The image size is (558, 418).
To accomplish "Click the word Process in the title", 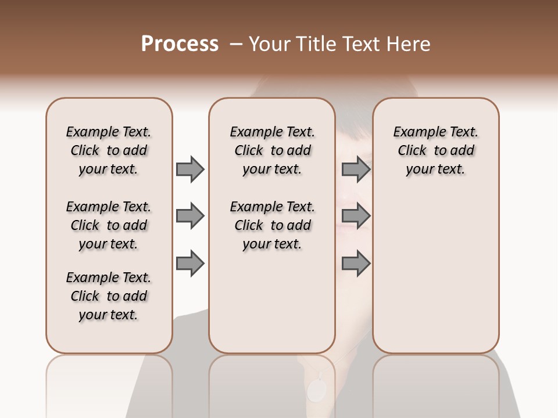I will click(180, 44).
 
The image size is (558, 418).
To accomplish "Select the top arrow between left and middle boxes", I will click(190, 169).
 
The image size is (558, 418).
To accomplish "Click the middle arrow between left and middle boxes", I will click(190, 217).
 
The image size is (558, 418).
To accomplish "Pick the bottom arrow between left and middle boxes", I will click(190, 264).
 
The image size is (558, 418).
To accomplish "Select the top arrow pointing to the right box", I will click(356, 169).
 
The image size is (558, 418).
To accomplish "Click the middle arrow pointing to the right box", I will click(356, 217).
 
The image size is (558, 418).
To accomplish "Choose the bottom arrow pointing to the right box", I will click(356, 264).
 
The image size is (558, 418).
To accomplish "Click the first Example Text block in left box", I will click(109, 150).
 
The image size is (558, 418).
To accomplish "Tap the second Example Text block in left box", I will click(109, 225).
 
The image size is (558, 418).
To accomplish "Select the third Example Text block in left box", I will click(109, 296).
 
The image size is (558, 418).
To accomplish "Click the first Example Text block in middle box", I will click(272, 150).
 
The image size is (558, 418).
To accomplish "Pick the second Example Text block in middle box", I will click(272, 225).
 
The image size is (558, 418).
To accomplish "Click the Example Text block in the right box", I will click(436, 150).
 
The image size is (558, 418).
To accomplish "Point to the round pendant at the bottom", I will click(317, 390).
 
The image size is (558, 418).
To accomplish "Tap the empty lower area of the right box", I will click(436, 273).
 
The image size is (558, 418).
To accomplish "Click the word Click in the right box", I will click(412, 150).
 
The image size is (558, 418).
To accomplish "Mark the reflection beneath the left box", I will click(109, 383).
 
